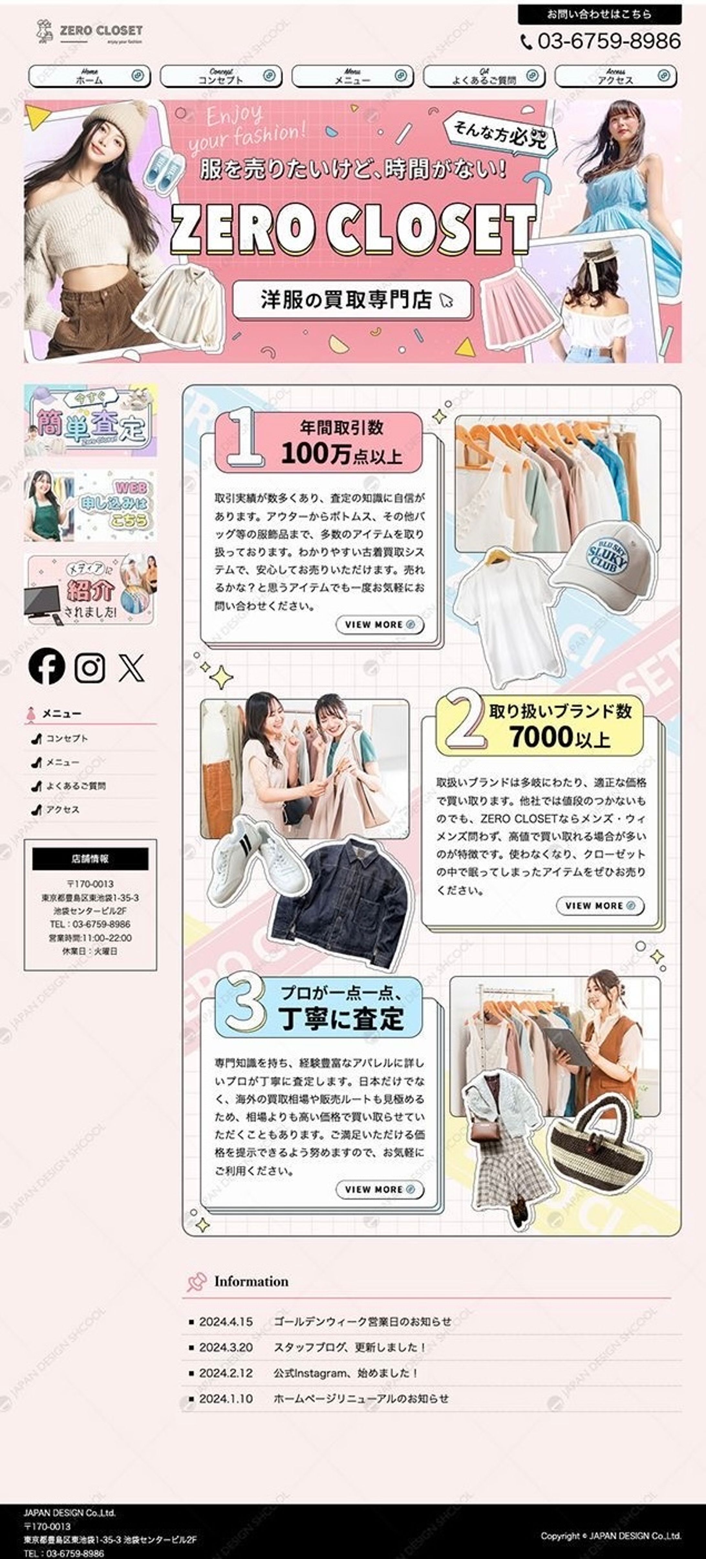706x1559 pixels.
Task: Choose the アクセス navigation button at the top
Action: pyautogui.click(x=615, y=76)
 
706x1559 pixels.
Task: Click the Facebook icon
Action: pyautogui.click(x=47, y=666)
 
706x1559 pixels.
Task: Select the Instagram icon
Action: pyautogui.click(x=90, y=667)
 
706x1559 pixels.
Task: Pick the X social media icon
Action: pyautogui.click(x=131, y=667)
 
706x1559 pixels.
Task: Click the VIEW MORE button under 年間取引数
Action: pyautogui.click(x=379, y=625)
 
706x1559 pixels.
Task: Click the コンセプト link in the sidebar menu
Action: pyautogui.click(x=67, y=738)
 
